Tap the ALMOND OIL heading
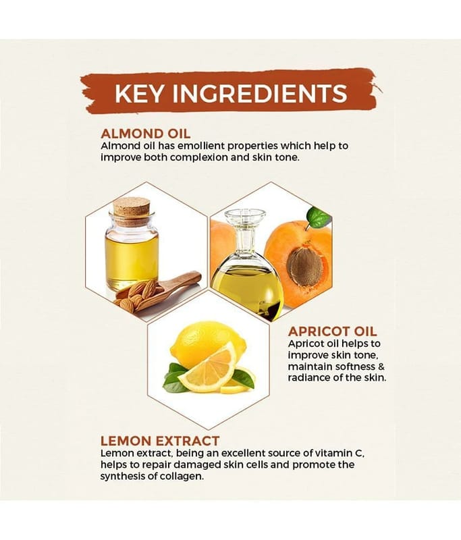[x=145, y=134]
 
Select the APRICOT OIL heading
[x=333, y=331]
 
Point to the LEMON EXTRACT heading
[x=160, y=441]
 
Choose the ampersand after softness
[x=381, y=366]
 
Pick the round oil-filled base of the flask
[x=247, y=285]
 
